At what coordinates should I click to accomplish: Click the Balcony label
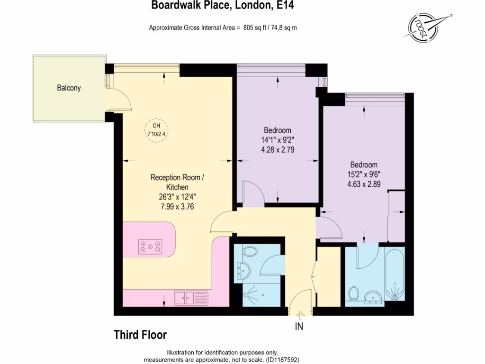point(69,88)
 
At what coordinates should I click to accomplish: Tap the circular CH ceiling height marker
point(156,129)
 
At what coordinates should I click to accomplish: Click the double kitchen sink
point(184,298)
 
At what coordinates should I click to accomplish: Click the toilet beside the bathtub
point(353,294)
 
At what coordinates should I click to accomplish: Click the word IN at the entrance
point(299,327)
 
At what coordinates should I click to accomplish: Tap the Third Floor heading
point(140,335)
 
